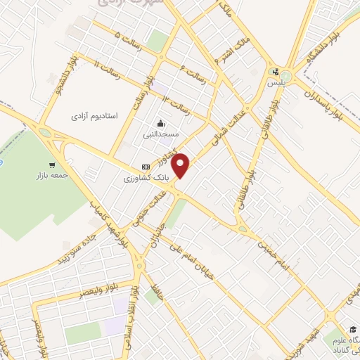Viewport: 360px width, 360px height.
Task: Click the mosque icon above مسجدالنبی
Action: coord(162,124)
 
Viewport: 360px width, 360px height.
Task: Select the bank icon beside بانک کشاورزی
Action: coord(146,167)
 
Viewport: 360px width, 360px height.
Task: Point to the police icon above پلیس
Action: coord(275,72)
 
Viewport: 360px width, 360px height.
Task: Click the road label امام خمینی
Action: coord(272,257)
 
